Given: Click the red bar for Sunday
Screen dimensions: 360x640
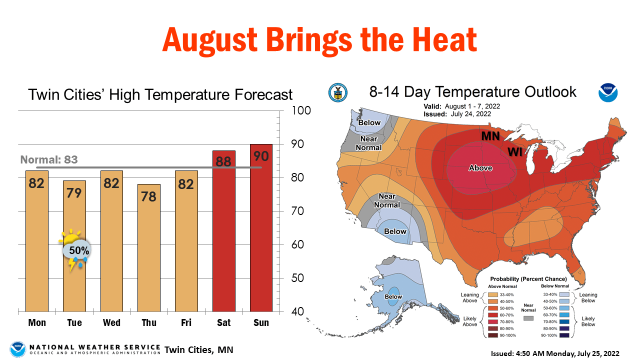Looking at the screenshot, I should (261, 230).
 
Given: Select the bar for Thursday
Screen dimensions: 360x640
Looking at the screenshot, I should (149, 250).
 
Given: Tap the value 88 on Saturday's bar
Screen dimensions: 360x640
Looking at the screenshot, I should (223, 161).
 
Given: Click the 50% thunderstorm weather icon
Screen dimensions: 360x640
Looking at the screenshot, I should (75, 250).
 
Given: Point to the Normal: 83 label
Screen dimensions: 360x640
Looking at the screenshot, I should (49, 160).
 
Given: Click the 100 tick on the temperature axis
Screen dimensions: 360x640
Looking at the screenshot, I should (301, 110).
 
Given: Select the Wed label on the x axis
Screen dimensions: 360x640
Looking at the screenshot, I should (111, 322).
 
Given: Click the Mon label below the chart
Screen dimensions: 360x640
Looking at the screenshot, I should (37, 322).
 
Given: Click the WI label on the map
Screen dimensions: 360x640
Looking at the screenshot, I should (516, 151).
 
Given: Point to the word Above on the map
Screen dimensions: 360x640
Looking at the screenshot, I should (480, 168).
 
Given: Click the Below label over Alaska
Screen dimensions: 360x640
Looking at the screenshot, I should (393, 297).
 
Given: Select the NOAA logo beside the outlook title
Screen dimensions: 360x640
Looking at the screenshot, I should (608, 93).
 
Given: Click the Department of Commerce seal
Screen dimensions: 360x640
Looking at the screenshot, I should (337, 93).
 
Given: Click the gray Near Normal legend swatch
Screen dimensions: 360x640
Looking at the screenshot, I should (528, 318).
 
